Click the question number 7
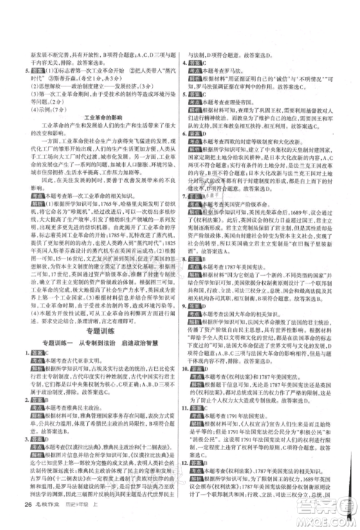[186, 195]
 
